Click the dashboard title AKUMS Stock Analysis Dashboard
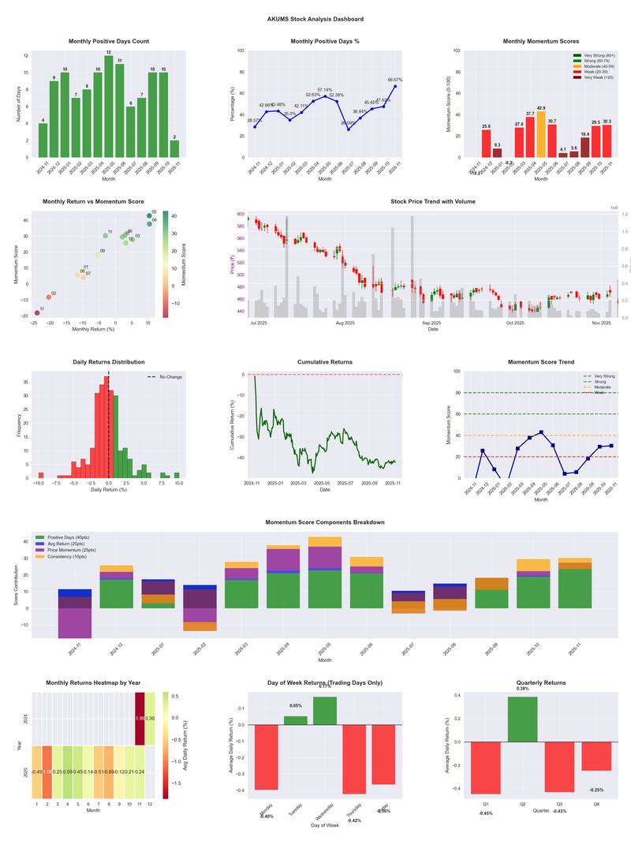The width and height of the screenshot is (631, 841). (x=315, y=18)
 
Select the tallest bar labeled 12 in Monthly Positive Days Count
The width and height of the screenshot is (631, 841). (x=109, y=107)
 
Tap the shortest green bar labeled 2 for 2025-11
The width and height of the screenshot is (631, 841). (x=174, y=148)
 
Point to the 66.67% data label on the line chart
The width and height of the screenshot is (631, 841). (x=395, y=80)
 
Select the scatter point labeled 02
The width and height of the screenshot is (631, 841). (x=48, y=297)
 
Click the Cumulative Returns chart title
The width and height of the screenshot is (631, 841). (x=325, y=362)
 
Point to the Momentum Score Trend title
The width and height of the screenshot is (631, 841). (x=540, y=362)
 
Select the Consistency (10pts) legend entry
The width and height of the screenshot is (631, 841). (x=76, y=556)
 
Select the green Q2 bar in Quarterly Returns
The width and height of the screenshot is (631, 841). (x=523, y=719)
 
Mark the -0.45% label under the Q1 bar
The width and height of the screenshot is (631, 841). (x=485, y=813)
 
